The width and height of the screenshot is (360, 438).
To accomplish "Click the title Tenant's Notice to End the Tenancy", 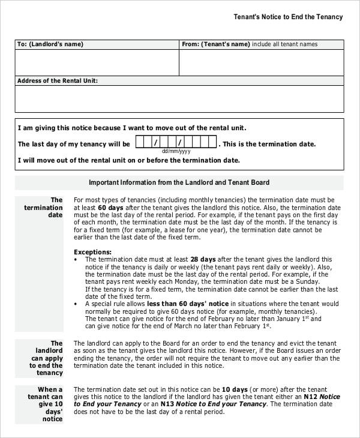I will (x=287, y=17).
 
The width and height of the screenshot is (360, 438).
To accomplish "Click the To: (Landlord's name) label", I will (x=50, y=44).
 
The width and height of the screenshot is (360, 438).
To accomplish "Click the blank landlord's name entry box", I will (x=97, y=62).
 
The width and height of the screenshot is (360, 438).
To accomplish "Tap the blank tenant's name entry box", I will (x=262, y=62).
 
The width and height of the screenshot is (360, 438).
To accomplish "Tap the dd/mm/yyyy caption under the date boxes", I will (x=176, y=152).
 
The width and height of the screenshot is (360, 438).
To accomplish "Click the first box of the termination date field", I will (x=140, y=143).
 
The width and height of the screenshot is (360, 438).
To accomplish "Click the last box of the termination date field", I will (x=212, y=143).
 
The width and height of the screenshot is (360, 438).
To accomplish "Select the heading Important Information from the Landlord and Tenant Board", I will (x=179, y=182).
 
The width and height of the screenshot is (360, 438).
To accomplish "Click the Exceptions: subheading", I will (x=92, y=252).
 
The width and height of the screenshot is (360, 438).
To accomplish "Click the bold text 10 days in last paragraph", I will (x=223, y=389).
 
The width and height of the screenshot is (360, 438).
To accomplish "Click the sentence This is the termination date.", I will (x=269, y=145).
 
